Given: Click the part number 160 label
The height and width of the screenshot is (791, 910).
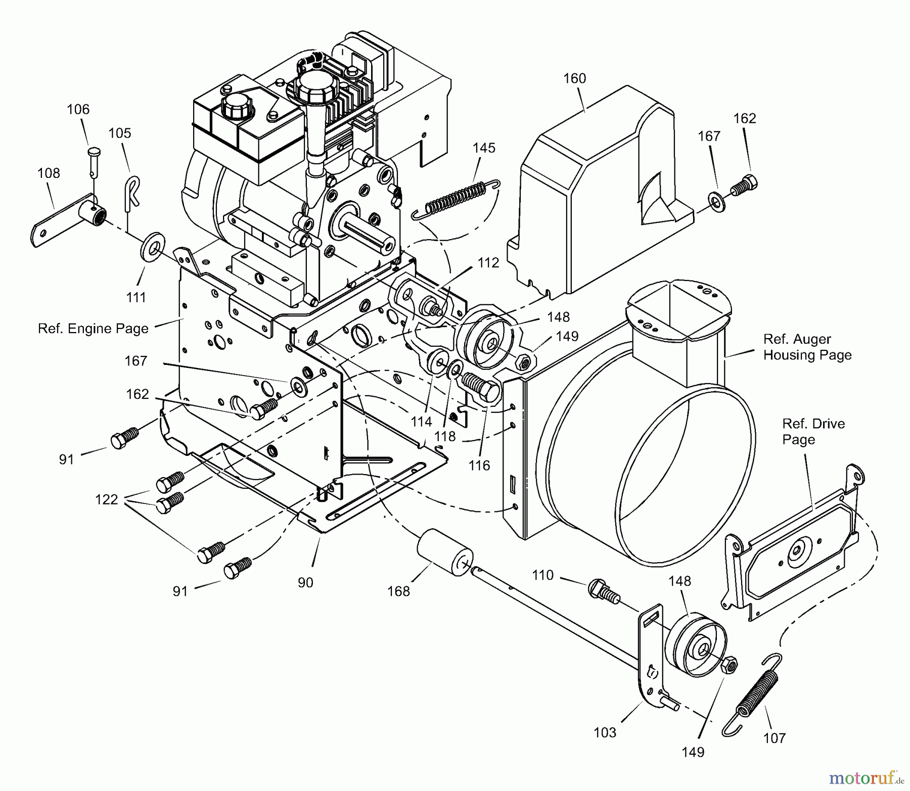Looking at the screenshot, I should (574, 78).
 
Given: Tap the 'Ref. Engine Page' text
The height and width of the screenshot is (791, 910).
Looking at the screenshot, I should (93, 329).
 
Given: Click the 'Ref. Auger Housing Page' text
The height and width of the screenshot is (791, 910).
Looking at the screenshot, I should (807, 347).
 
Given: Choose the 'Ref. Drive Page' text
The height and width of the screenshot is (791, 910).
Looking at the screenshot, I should (813, 431).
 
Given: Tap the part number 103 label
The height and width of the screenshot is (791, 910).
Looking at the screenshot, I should (605, 732).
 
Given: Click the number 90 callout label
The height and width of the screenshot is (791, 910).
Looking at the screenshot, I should (305, 582).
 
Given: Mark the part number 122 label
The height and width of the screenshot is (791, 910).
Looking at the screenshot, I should (106, 499).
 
